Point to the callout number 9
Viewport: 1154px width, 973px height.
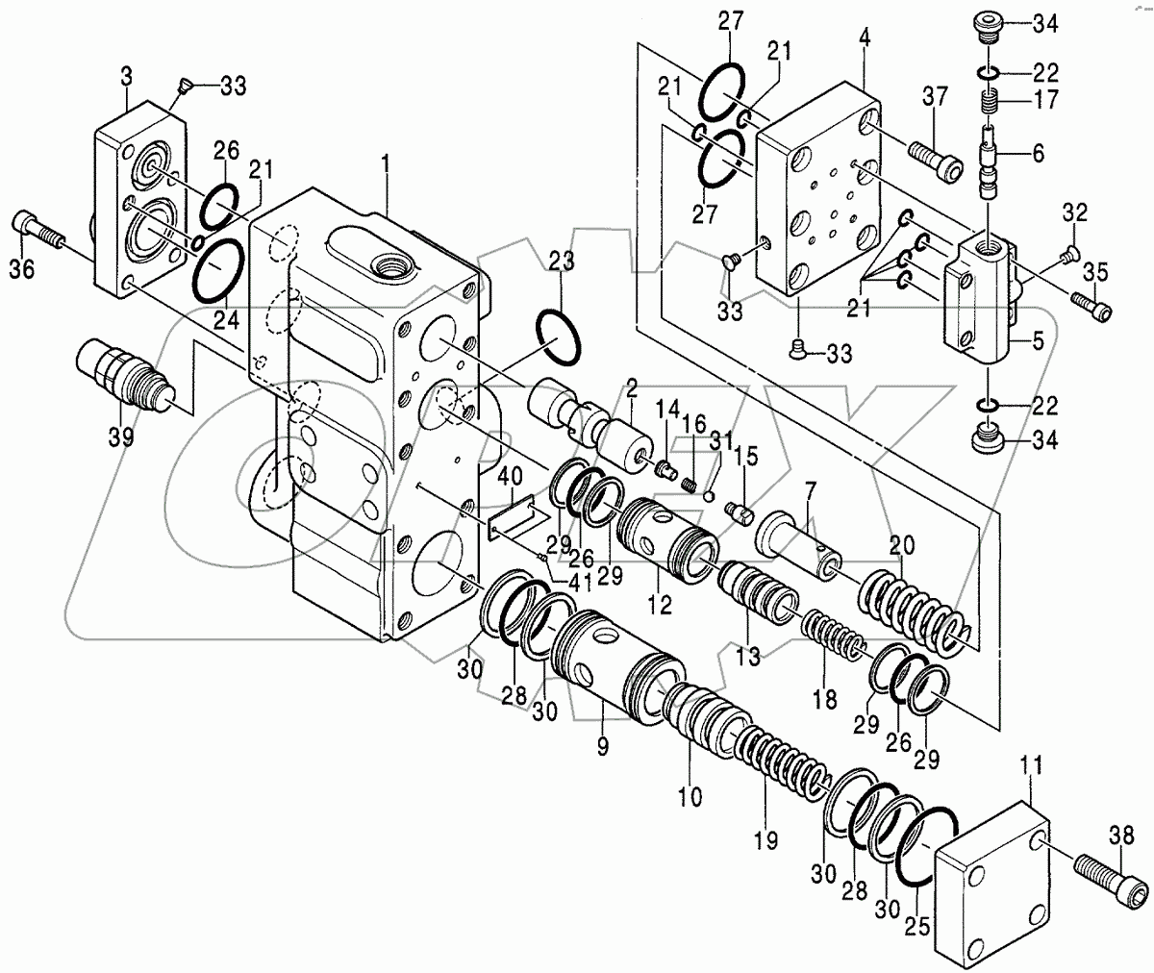point(602,748)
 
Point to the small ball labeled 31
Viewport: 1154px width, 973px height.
point(708,496)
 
